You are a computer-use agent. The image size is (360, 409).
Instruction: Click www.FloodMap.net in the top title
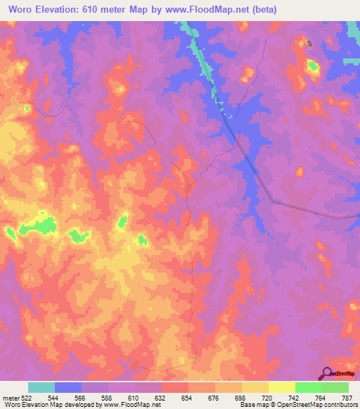(210, 10)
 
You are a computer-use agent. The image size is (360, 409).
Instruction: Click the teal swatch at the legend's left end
(41, 387)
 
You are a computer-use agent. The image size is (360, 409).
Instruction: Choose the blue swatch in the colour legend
(68, 387)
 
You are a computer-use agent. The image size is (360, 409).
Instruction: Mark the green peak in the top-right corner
(312, 67)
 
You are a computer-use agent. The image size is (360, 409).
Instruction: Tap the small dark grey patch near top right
(308, 43)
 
